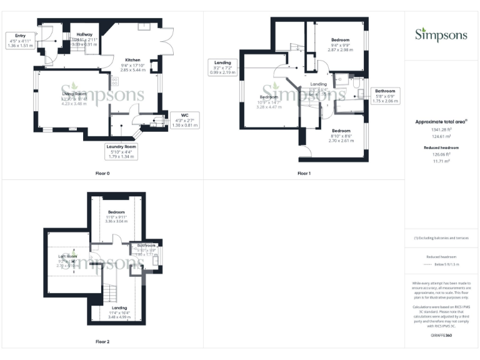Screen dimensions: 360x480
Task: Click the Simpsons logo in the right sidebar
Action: tap(441, 34)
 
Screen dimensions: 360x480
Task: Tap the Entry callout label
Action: tap(19, 40)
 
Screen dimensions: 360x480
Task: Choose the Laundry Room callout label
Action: tap(121, 151)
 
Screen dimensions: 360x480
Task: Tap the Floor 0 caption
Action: tap(102, 173)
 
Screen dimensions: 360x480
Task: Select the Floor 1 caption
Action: tap(304, 173)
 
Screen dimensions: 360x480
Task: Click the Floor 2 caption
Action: tap(102, 342)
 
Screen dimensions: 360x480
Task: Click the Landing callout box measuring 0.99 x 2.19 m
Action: tap(223, 67)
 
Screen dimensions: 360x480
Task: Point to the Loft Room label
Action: tap(67, 256)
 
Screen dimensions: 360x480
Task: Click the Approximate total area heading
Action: tap(441, 122)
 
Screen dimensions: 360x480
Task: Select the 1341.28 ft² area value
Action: tap(441, 130)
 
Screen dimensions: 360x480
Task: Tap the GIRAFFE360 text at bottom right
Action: tap(441, 336)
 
